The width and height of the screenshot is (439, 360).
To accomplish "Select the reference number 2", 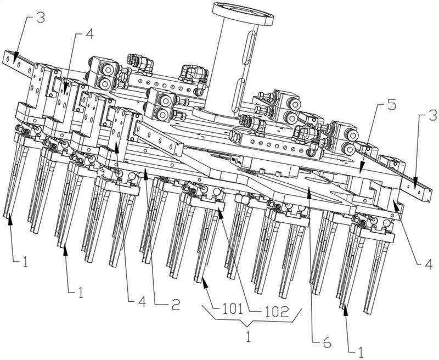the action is (176, 304).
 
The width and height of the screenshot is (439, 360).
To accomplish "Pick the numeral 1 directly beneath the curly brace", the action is (248, 337).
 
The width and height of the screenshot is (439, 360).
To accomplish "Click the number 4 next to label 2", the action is (142, 301).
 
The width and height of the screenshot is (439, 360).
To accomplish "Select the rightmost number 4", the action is (429, 264).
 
